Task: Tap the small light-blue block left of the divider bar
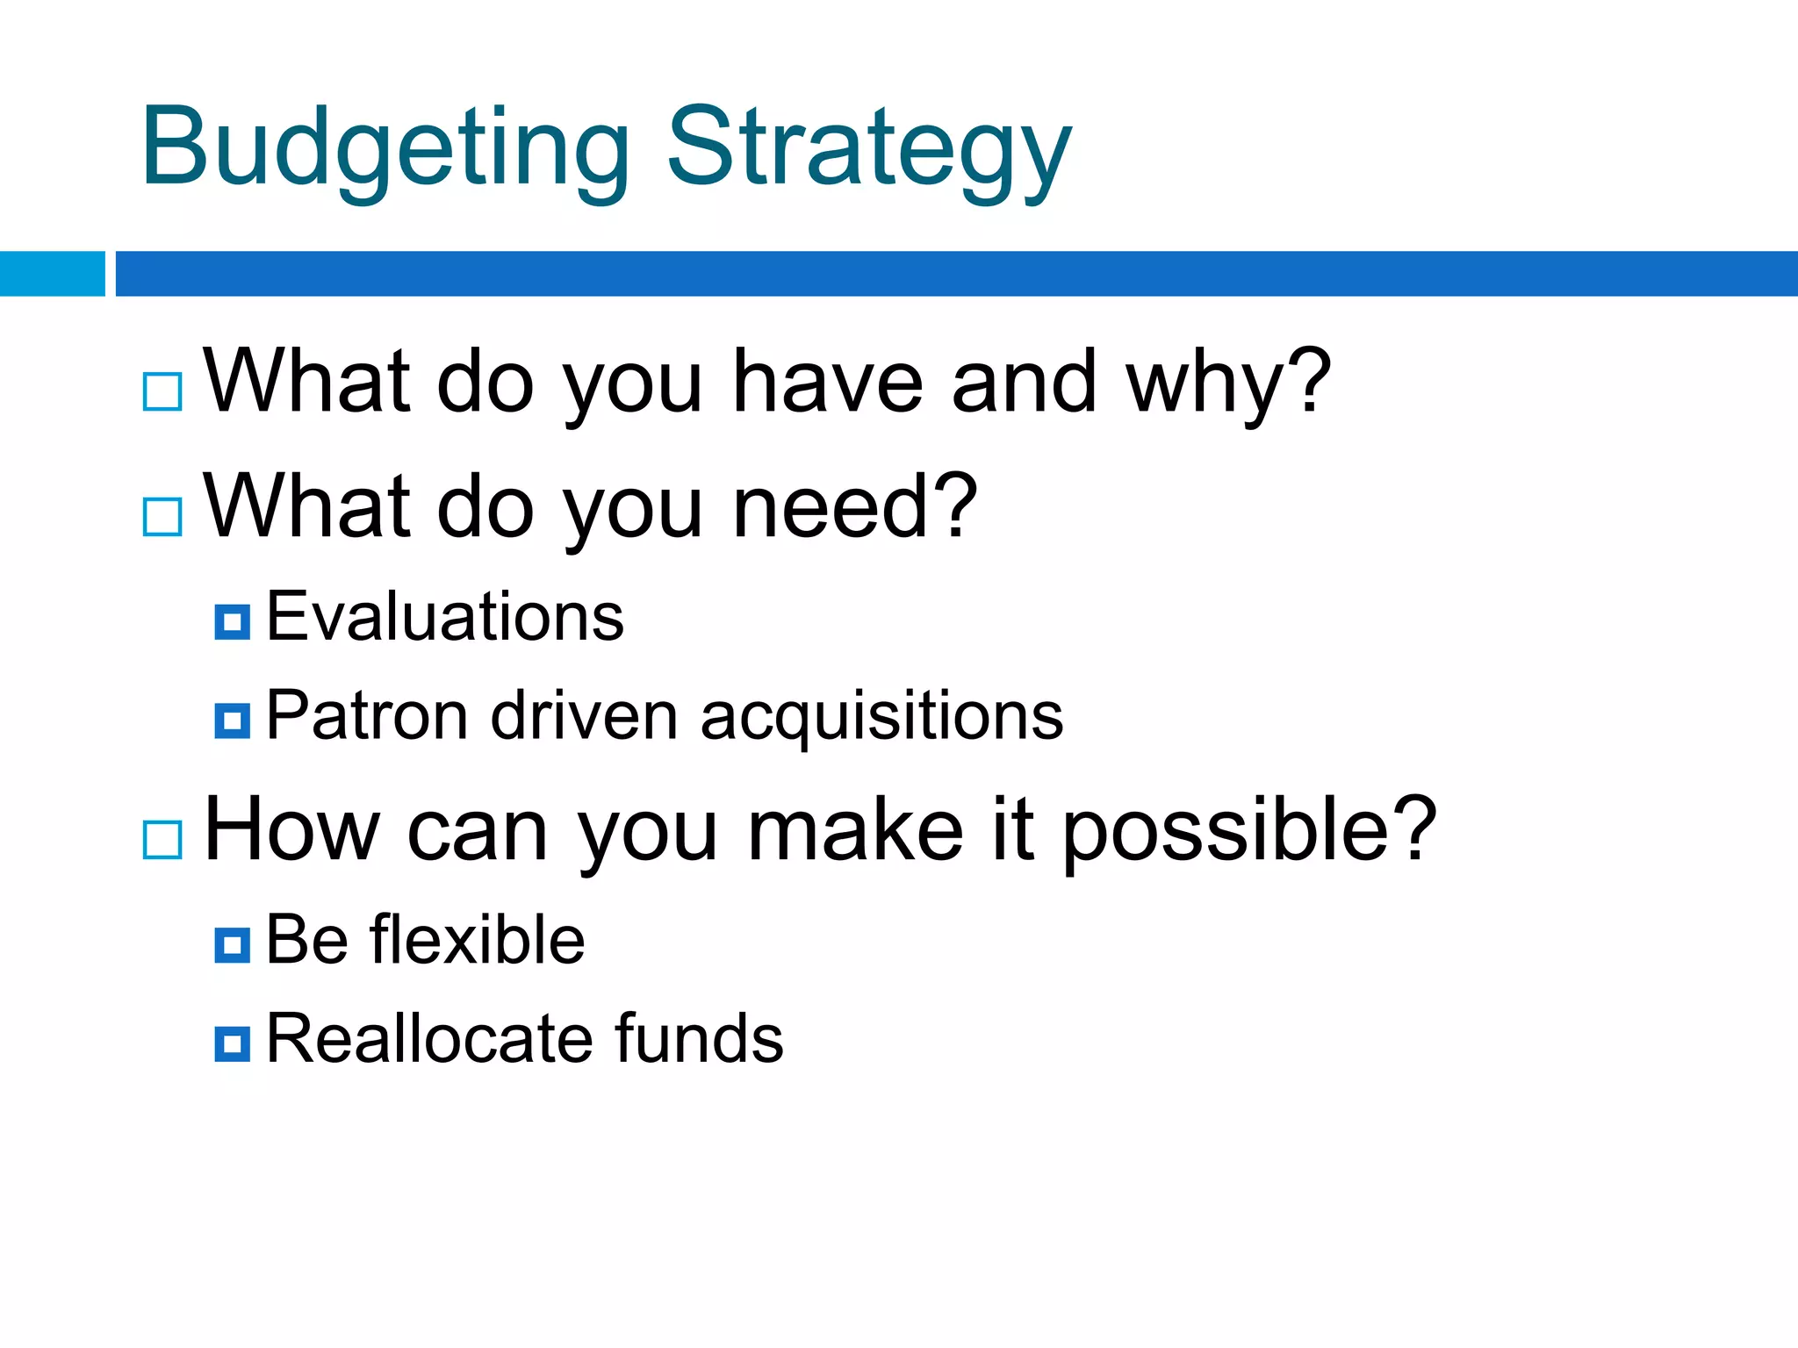52,274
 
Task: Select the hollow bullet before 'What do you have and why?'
162,391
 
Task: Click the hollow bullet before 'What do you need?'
162,517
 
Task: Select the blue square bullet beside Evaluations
232,622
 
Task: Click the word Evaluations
444,617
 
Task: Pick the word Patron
366,716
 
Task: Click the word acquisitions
881,718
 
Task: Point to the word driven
584,716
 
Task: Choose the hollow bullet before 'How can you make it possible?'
162,840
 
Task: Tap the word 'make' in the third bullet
855,830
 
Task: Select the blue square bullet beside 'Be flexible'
232,945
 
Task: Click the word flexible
477,940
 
